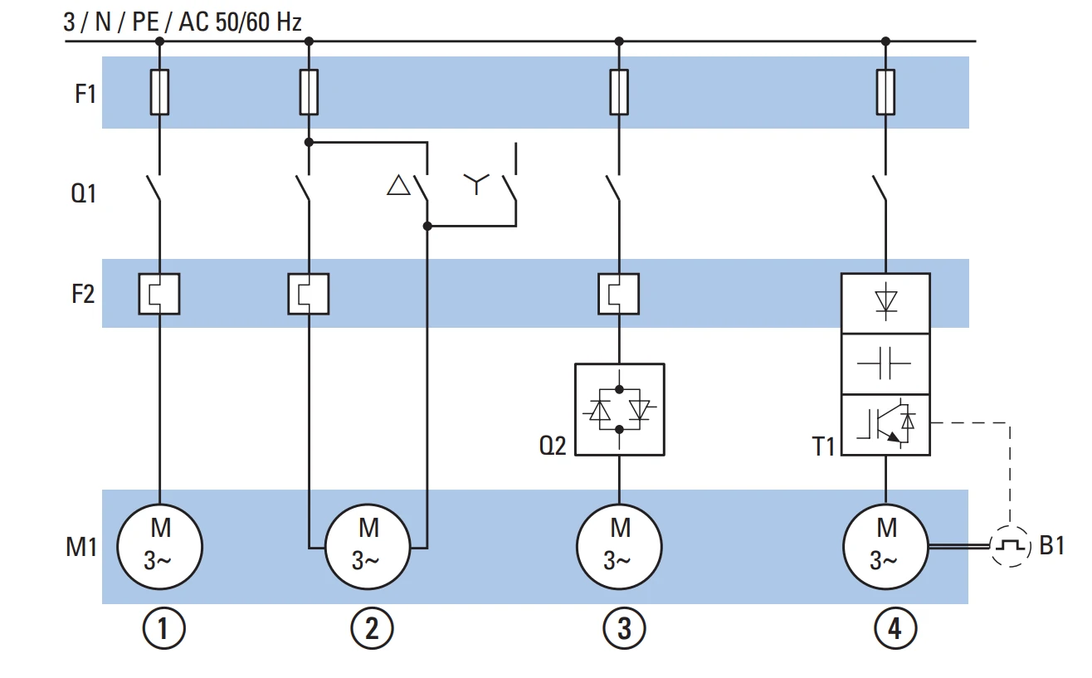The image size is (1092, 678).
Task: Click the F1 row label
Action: tap(85, 94)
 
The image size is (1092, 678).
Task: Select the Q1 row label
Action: tap(83, 193)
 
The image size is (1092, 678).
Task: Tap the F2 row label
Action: tap(83, 294)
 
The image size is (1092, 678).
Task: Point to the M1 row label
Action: tap(81, 546)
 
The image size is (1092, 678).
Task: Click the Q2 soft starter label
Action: tap(553, 446)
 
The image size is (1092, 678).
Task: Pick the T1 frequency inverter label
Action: tap(823, 446)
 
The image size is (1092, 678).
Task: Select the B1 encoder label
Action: tap(1052, 545)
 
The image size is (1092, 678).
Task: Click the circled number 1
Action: tap(163, 628)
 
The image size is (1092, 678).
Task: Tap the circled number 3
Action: tap(624, 628)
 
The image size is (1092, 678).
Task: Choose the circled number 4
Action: tap(895, 628)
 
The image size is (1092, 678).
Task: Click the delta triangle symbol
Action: tap(398, 186)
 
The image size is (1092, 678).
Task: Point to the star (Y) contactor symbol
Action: tap(475, 183)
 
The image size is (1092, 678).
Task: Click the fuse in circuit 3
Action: tap(619, 92)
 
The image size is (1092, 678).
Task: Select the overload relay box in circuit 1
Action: tap(159, 294)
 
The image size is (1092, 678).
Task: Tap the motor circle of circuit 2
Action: tap(368, 546)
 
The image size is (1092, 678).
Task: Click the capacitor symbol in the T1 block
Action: tap(884, 363)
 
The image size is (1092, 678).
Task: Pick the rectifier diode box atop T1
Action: tap(885, 303)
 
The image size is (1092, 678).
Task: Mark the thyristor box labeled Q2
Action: tap(620, 409)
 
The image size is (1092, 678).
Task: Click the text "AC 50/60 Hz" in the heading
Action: tap(241, 22)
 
